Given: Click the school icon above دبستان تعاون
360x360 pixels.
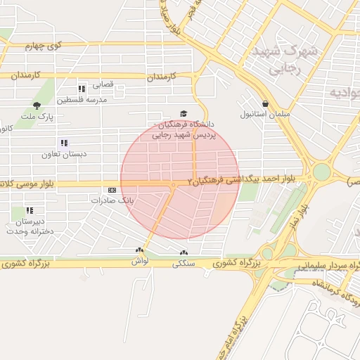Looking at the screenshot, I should [x=64, y=143].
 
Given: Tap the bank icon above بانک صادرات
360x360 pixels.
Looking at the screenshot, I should [x=112, y=190].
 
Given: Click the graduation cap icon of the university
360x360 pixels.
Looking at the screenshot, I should [x=184, y=114].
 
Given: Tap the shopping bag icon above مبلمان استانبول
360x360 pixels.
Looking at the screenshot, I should [x=265, y=103].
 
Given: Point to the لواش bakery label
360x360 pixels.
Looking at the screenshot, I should [x=139, y=261].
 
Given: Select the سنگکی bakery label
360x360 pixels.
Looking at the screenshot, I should [x=184, y=264].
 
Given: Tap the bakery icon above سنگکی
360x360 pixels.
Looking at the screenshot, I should [x=184, y=253].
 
